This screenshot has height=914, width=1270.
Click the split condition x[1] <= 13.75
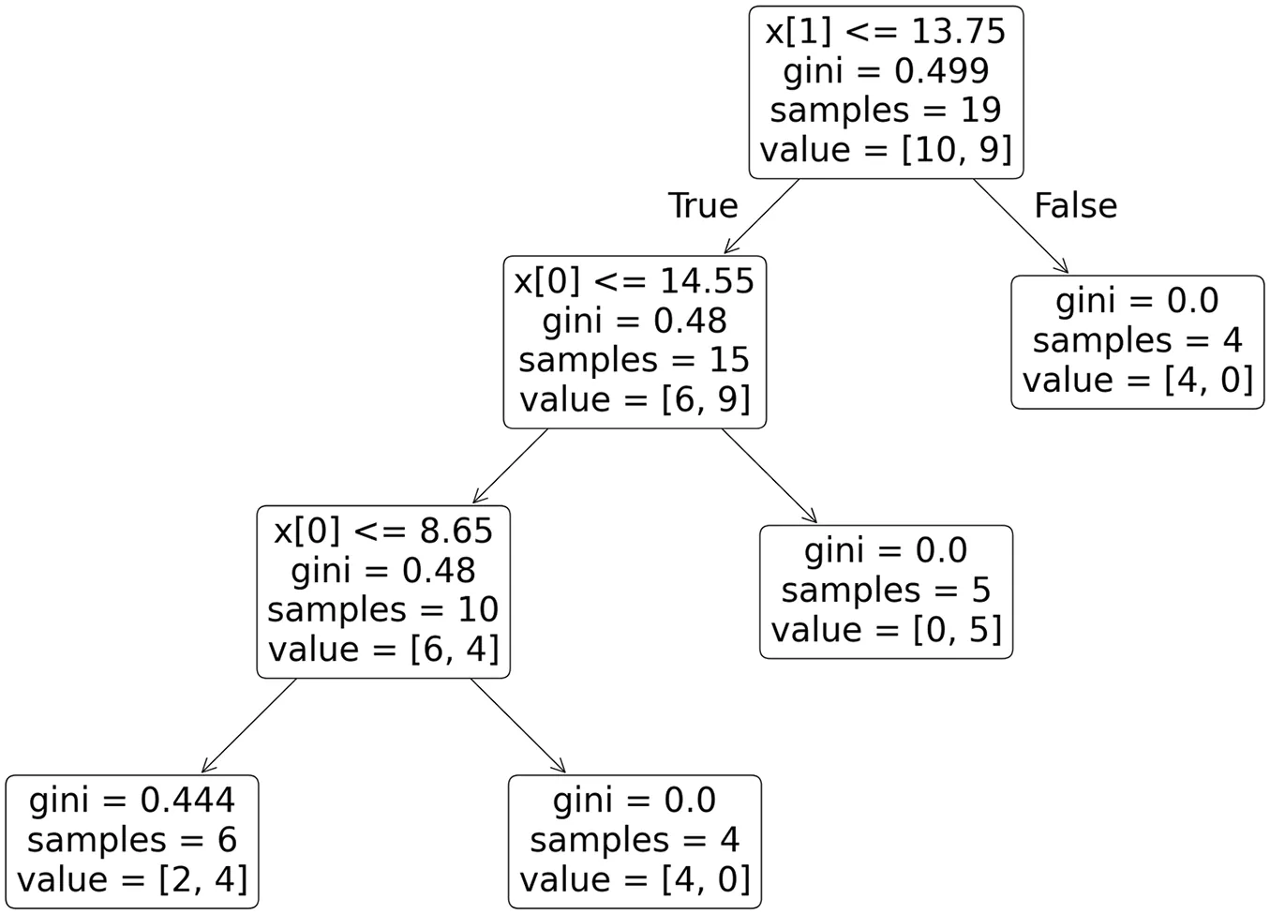click(886, 31)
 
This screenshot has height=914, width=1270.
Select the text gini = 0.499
click(886, 70)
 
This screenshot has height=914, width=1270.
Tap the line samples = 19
click(886, 110)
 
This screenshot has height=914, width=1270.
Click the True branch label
click(703, 205)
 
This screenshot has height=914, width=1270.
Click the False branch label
click(1075, 205)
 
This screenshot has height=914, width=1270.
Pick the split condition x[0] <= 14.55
click(635, 280)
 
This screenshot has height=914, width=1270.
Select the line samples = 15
click(635, 360)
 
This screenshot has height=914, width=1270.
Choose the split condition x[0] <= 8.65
click(383, 531)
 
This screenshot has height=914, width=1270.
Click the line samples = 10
click(383, 609)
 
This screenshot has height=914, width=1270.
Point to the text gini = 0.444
click(132, 800)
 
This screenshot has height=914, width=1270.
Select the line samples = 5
click(886, 590)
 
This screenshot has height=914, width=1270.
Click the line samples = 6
click(132, 839)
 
